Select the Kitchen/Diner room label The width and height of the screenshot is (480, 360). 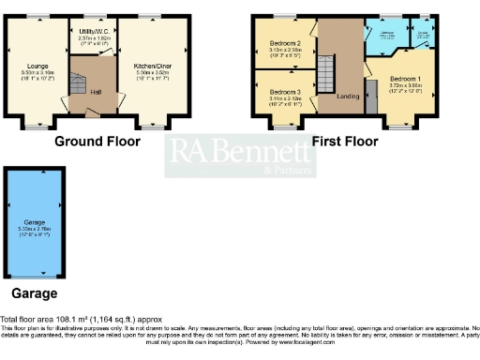pyautogui.click(x=145, y=65)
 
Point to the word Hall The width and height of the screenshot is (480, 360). pyautogui.click(x=96, y=91)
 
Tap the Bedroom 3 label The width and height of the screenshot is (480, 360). pyautogui.click(x=285, y=91)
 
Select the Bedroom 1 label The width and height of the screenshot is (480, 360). pyautogui.click(x=405, y=78)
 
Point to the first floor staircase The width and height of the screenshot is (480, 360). pyautogui.click(x=326, y=72)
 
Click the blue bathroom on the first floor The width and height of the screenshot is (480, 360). pyautogui.click(x=386, y=37)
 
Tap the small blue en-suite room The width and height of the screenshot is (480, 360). pyautogui.click(x=423, y=35)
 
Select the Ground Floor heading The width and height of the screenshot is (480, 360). pyautogui.click(x=97, y=142)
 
